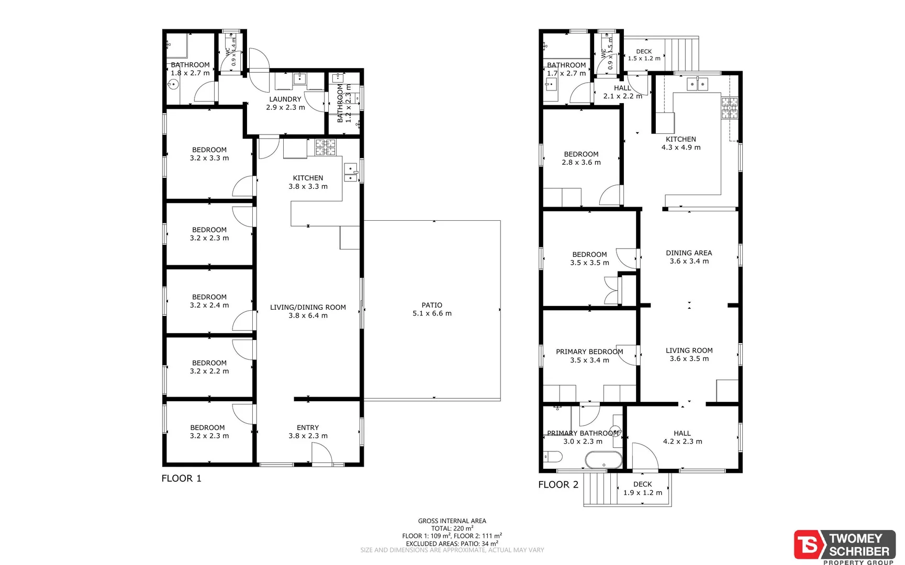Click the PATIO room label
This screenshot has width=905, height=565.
pyautogui.click(x=432, y=305)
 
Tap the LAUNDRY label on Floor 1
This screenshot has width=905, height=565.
pyautogui.click(x=285, y=99)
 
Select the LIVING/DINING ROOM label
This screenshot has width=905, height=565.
pyautogui.click(x=308, y=307)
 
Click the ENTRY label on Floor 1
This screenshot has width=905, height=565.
pyautogui.click(x=308, y=427)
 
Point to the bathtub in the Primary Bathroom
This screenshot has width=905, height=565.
pyautogui.click(x=604, y=461)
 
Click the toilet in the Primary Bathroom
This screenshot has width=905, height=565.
pyautogui.click(x=553, y=457)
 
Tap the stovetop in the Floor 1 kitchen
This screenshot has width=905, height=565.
pyautogui.click(x=325, y=148)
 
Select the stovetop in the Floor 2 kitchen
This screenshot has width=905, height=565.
pyautogui.click(x=730, y=108)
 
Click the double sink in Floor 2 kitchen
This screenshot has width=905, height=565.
pyautogui.click(x=698, y=84)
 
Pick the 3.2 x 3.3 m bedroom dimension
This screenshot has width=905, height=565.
pyautogui.click(x=209, y=158)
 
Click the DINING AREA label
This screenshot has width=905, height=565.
pyautogui.click(x=689, y=253)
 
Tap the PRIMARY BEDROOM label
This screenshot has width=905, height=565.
pyautogui.click(x=589, y=352)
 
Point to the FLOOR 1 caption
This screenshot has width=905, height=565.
pyautogui.click(x=181, y=478)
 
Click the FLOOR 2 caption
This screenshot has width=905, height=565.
pyautogui.click(x=558, y=484)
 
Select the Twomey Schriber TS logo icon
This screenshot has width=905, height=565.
pyautogui.click(x=809, y=545)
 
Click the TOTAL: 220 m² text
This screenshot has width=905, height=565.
pyautogui.click(x=452, y=528)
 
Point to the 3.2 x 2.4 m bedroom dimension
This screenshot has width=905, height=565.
pyautogui.click(x=209, y=305)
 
